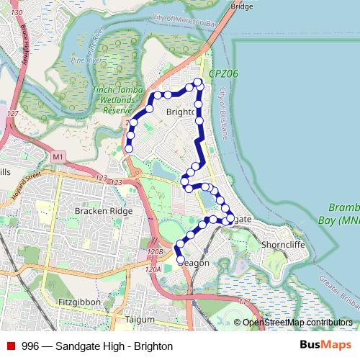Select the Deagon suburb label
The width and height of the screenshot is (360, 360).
[193, 263]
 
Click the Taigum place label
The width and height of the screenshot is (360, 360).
[135, 319]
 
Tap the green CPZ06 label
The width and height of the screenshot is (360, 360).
[223, 74]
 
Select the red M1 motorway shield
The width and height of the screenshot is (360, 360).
[58, 156]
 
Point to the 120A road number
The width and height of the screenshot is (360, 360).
[152, 269]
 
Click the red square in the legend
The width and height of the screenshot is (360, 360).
[11, 346]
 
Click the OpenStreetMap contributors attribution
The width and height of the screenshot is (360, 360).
[297, 323]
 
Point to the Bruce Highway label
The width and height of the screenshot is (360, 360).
[19, 51]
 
